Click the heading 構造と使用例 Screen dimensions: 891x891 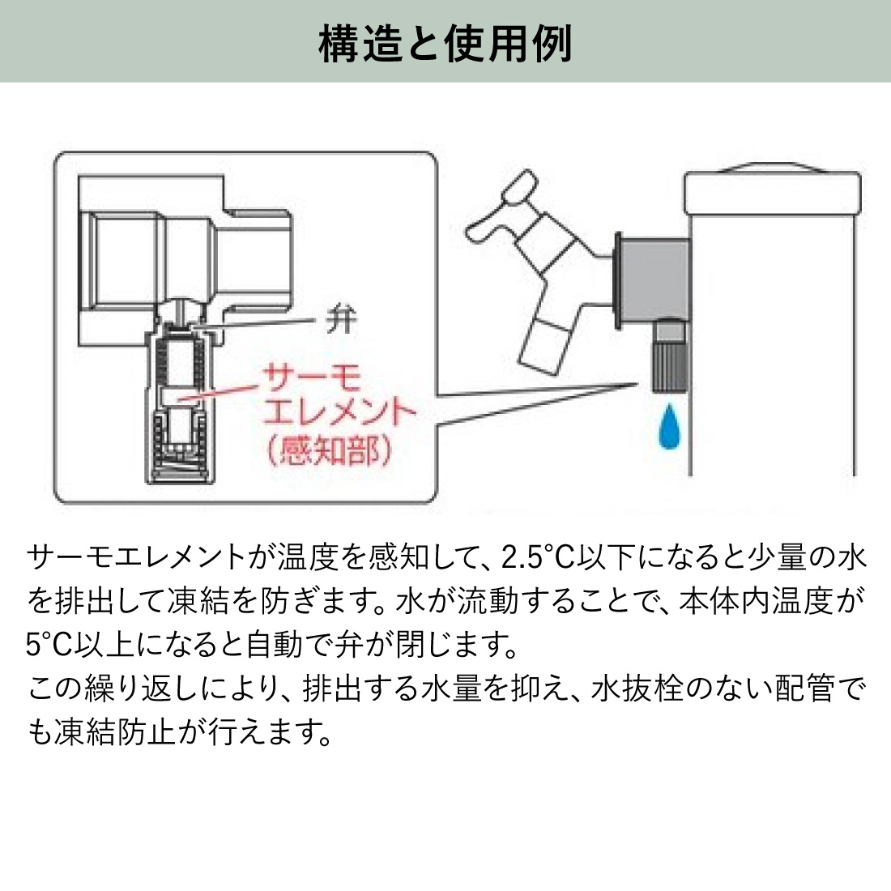446,42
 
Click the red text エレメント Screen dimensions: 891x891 340,415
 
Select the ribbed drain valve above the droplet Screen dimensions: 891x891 669,357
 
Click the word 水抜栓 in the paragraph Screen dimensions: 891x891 635,688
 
